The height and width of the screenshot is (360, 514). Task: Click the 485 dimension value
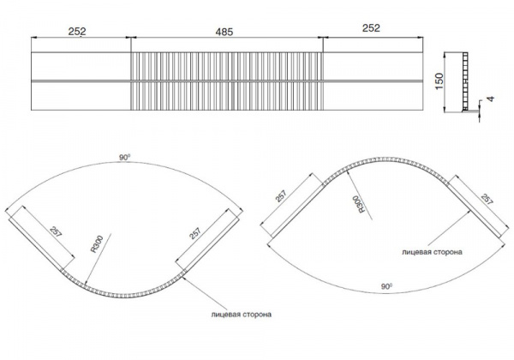pyautogui.click(x=224, y=32)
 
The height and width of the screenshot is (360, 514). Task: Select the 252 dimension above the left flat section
pyautogui.click(x=77, y=31)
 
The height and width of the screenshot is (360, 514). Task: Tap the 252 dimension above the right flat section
pyautogui.click(x=371, y=28)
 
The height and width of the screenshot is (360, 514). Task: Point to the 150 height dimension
pyautogui.click(x=439, y=81)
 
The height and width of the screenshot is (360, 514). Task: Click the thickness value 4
pyautogui.click(x=490, y=99)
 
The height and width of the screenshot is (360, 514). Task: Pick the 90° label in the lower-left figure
pyautogui.click(x=124, y=158)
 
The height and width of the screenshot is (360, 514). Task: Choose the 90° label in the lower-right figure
pyautogui.click(x=387, y=286)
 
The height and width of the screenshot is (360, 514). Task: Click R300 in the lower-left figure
pyautogui.click(x=97, y=244)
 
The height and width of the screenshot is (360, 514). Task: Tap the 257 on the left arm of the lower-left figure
pyautogui.click(x=56, y=231)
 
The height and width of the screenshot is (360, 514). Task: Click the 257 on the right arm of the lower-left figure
pyautogui.click(x=194, y=233)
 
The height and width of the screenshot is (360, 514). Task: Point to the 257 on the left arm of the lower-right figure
pyautogui.click(x=281, y=196)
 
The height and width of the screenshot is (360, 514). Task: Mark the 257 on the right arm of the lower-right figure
pyautogui.click(x=487, y=199)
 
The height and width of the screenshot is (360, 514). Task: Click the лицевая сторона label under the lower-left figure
pyautogui.click(x=242, y=315)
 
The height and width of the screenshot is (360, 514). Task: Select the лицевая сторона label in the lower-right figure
pyautogui.click(x=432, y=252)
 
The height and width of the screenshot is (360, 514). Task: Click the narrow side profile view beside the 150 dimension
pyautogui.click(x=465, y=82)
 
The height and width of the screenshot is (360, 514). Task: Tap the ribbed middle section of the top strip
pyautogui.click(x=227, y=81)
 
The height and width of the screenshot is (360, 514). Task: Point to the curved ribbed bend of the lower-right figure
pyautogui.click(x=385, y=160)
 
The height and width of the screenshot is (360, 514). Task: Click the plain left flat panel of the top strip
pyautogui.click(x=81, y=81)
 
